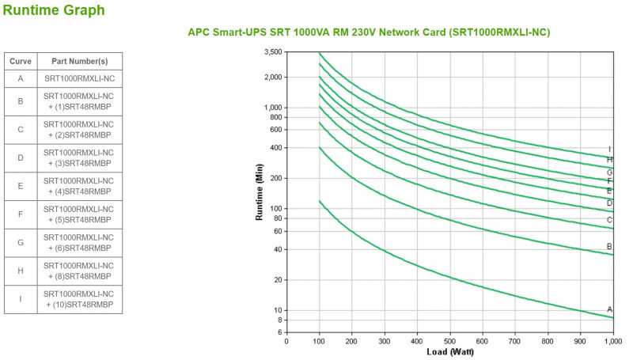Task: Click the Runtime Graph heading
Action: [x=54, y=11]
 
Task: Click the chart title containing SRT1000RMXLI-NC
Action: [x=369, y=32]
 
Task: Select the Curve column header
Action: [x=21, y=61]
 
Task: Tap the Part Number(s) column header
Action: [x=79, y=61]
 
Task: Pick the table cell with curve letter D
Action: [x=21, y=157]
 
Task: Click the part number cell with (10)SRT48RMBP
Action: [x=79, y=299]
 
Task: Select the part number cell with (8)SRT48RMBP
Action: [x=79, y=271]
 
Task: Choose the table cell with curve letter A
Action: [x=21, y=78]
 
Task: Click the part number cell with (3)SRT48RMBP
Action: [x=79, y=157]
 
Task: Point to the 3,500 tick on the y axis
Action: [x=271, y=52]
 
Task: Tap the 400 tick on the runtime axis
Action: [x=275, y=148]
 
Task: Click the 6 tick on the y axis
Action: [x=279, y=332]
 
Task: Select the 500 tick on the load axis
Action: [x=449, y=342]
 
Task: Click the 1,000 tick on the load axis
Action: [x=611, y=342]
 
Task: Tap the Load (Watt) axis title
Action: [x=449, y=352]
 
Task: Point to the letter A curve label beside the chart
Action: [x=609, y=309]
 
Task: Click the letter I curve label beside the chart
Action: [x=609, y=149]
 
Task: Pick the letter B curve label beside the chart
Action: [x=609, y=247]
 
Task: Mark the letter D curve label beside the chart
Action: [x=609, y=203]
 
